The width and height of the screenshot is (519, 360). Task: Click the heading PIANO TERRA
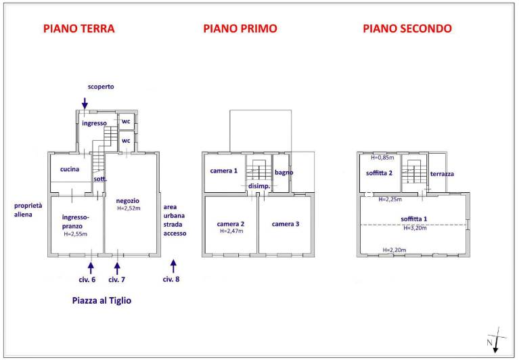pos(79,28)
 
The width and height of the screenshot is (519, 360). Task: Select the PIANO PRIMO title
pos(240,28)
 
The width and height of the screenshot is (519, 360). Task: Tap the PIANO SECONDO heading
pos(407,28)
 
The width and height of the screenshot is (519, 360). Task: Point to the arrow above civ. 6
pos(91,268)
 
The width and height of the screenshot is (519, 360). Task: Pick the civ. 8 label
pos(171,279)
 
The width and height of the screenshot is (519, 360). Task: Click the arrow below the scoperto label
pos(85,104)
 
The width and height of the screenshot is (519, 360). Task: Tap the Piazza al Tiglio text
pos(101,300)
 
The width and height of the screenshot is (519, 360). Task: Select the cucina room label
pos(70,169)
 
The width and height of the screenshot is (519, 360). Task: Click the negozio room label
pos(127,201)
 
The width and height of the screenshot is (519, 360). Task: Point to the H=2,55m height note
pos(76,234)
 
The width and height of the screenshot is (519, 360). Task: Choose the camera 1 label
pos(224,171)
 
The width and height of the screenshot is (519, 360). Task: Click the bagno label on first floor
pos(284,173)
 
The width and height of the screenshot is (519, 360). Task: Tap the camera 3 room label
pos(286,224)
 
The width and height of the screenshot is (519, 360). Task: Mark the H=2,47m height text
pos(231,231)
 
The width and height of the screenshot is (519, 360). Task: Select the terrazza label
pos(442,174)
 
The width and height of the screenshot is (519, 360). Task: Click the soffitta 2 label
pos(379,173)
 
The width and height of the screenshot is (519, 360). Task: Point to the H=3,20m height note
pos(415,227)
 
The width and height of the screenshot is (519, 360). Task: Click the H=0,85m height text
pos(382,158)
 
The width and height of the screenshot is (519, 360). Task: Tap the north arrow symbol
pos(495,340)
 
